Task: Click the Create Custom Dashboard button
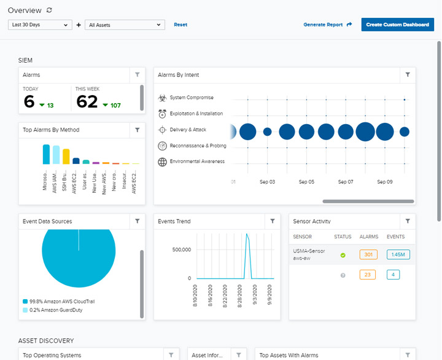[x=397, y=25]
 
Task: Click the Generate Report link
[x=327, y=25]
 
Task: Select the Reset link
[x=180, y=25]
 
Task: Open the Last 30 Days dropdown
[x=40, y=25]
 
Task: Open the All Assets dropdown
[x=125, y=25]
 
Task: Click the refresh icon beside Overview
[x=49, y=10]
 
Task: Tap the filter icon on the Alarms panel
[x=138, y=75]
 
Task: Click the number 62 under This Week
[x=87, y=101]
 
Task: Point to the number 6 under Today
[x=29, y=101]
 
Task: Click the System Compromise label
[x=192, y=98]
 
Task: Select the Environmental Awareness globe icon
[x=162, y=162]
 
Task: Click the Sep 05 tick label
[x=306, y=182]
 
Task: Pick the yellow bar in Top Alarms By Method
[x=66, y=156]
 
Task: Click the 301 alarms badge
[x=368, y=254]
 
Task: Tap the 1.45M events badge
[x=398, y=254]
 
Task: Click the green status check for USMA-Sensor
[x=343, y=255]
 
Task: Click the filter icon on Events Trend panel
[x=273, y=221]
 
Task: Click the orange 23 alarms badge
[x=368, y=275]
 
